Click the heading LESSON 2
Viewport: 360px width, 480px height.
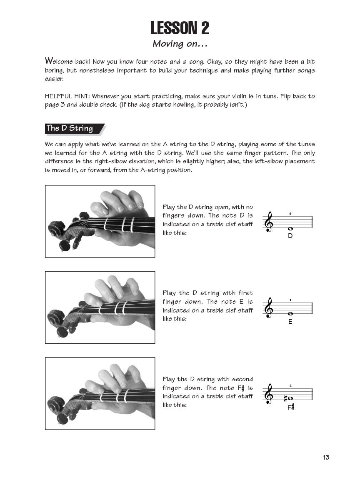pos(180,28)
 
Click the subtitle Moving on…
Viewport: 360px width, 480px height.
pos(180,43)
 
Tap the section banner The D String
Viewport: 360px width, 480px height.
pos(70,128)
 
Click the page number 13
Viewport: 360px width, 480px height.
pos(326,457)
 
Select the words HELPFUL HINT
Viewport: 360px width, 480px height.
pos(67,96)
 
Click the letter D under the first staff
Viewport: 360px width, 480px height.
pos(290,236)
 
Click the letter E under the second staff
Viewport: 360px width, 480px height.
pos(290,322)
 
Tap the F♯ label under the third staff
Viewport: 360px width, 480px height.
pos(291,407)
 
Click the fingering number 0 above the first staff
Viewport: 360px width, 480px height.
pos(290,214)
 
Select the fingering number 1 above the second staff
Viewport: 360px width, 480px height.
pos(290,300)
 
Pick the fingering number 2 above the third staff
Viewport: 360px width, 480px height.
pos(290,386)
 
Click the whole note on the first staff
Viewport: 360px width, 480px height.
pos(290,228)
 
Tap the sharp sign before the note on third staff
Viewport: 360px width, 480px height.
pos(286,398)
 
